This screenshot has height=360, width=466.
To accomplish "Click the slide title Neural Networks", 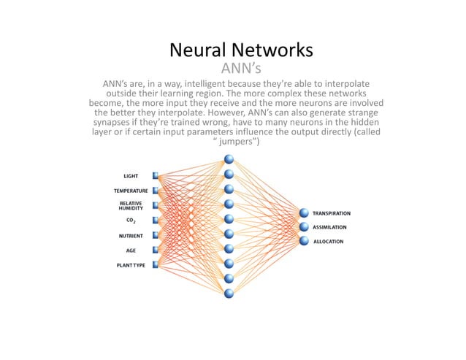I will pyautogui.click(x=241, y=50).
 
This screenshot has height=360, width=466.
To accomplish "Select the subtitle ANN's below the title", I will pyautogui.click(x=241, y=69).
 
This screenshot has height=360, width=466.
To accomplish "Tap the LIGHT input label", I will pyautogui.click(x=131, y=176).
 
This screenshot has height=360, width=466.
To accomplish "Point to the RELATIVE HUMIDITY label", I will pyautogui.click(x=131, y=205).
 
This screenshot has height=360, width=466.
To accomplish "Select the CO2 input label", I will pyautogui.click(x=131, y=221).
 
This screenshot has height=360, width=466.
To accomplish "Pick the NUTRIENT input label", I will pyautogui.click(x=131, y=236).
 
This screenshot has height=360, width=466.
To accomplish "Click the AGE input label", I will pyautogui.click(x=131, y=250).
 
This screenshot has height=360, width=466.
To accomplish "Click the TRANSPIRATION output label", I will pyautogui.click(x=332, y=213).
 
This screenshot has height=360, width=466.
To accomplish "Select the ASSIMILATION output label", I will pyautogui.click(x=329, y=227).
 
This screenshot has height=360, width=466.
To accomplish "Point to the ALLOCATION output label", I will pyautogui.click(x=328, y=241).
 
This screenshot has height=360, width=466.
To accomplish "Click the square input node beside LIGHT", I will pyautogui.click(x=156, y=176).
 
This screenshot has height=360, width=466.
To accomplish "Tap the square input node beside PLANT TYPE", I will pyautogui.click(x=156, y=265).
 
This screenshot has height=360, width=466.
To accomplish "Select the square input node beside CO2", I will pyautogui.click(x=156, y=221).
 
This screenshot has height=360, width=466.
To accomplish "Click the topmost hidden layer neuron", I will pyautogui.click(x=229, y=159).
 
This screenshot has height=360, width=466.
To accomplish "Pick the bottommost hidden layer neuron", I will pyautogui.click(x=229, y=294).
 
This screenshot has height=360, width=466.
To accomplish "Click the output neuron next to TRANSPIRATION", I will pyautogui.click(x=304, y=213).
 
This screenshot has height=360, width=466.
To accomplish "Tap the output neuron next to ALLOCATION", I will pyautogui.click(x=304, y=241).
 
